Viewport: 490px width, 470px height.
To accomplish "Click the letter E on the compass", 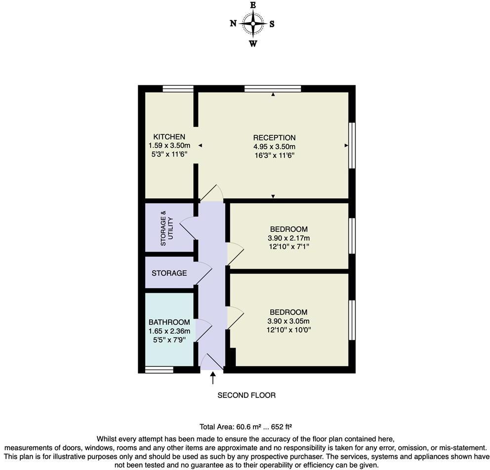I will point(253,5).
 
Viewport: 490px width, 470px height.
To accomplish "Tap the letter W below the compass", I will point(253,43).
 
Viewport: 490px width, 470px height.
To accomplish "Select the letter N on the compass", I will point(233,24).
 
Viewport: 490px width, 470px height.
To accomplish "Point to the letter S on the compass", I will point(272,24).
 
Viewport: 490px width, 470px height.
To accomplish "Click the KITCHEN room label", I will point(169,137).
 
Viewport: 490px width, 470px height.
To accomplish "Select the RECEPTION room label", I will point(274,138).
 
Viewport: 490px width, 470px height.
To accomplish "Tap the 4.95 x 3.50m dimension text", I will point(274,147).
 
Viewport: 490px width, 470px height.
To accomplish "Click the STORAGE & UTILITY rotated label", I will point(166,228).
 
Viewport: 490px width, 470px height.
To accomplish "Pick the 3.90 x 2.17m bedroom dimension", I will point(288,237).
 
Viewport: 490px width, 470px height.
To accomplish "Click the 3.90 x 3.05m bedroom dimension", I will point(288,321).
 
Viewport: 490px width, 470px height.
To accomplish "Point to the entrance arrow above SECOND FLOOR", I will point(213,378).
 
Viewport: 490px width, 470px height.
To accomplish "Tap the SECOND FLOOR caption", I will point(246,395).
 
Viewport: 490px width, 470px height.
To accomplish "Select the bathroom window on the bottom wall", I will point(159,369).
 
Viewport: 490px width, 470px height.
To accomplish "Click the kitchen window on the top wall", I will point(178,89).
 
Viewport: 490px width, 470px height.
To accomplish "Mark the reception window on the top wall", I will point(273,89).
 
